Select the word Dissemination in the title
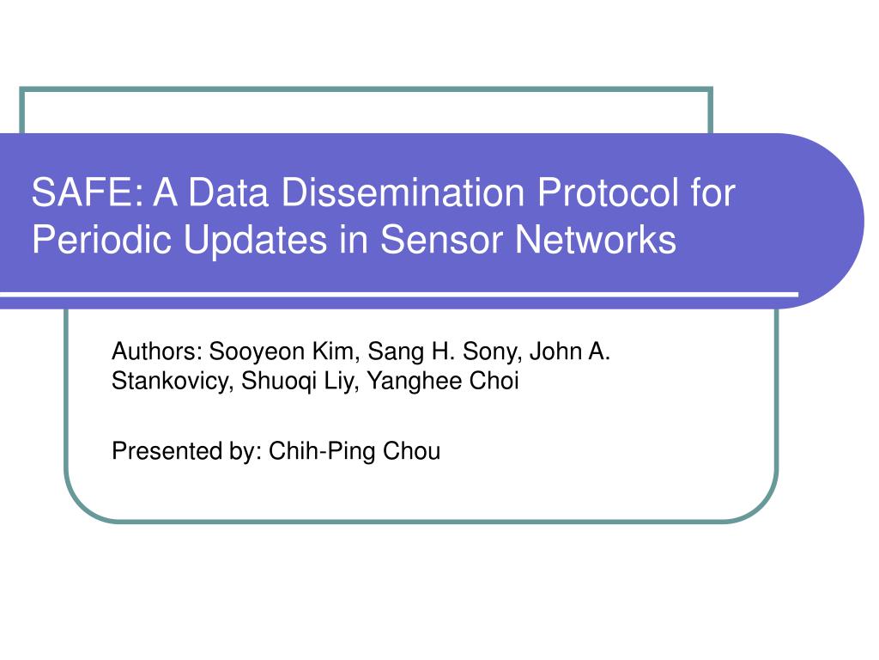[x=403, y=192]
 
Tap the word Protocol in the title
[x=609, y=192]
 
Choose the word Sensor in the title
[x=441, y=240]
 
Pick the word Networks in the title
[x=596, y=240]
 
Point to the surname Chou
[x=411, y=451]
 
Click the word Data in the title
[x=227, y=192]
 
